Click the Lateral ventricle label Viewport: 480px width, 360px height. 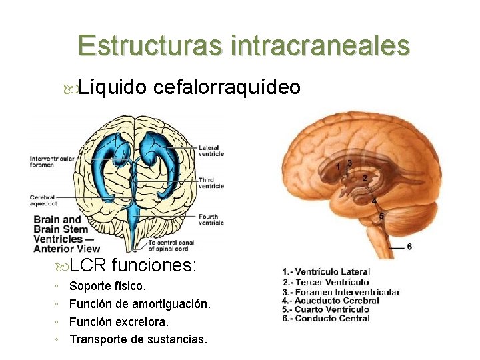click(211, 151)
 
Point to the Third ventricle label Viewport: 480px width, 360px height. click(211, 183)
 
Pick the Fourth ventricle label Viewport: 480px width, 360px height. click(211, 219)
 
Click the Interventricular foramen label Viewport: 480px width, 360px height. click(51, 161)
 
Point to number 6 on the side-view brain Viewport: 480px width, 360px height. click(409, 247)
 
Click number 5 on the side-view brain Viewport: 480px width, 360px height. click(381, 216)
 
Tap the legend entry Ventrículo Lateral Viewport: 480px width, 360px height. click(327, 272)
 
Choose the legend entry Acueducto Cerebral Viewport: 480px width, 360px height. click(331, 301)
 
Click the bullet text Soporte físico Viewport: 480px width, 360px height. click(107, 287)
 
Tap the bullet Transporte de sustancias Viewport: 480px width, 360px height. click(138, 339)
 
